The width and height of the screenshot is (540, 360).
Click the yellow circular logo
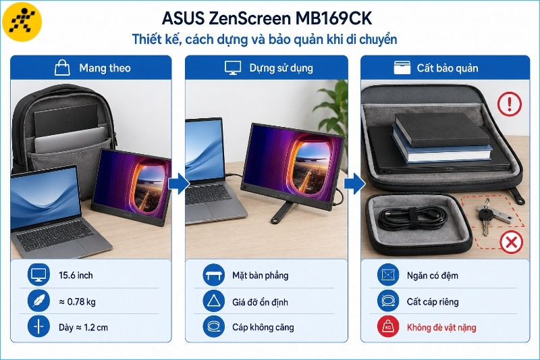pos(22,22)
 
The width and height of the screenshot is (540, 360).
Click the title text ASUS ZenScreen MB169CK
pos(267,18)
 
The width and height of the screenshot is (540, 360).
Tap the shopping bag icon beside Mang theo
pos(62,67)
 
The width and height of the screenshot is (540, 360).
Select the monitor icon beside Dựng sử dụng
pos(233,68)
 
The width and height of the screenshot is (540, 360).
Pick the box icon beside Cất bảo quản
pos(402,68)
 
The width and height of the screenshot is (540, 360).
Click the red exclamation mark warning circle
pos(510,104)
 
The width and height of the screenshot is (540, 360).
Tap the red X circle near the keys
pos(511,242)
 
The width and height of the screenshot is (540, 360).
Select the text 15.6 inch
pos(76,276)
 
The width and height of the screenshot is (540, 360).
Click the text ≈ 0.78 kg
pos(77,302)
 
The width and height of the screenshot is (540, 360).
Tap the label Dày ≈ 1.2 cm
pos(83,328)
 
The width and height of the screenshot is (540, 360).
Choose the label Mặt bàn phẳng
pos(261,276)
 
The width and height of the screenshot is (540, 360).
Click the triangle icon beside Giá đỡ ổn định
pos(213,301)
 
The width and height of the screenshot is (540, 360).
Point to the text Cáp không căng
pos(263,328)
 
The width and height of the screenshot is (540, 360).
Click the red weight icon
pos(388,327)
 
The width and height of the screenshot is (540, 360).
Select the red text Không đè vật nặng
pos(441,328)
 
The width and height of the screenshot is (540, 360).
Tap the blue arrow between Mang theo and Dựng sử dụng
pos(179,184)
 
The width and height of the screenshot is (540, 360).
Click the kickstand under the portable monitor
pos(282,212)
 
